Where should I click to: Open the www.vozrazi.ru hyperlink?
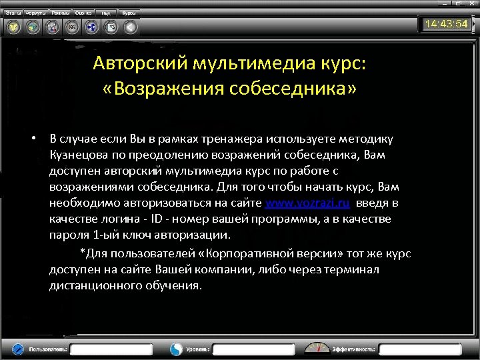[x=308, y=203]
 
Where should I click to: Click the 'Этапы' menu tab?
[x=13, y=13]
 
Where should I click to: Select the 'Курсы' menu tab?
[x=129, y=13]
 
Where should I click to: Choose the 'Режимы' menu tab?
[x=61, y=13]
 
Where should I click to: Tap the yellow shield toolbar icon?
[x=13, y=27]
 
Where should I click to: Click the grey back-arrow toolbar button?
[x=131, y=27]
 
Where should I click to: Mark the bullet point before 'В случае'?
[x=32, y=139]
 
